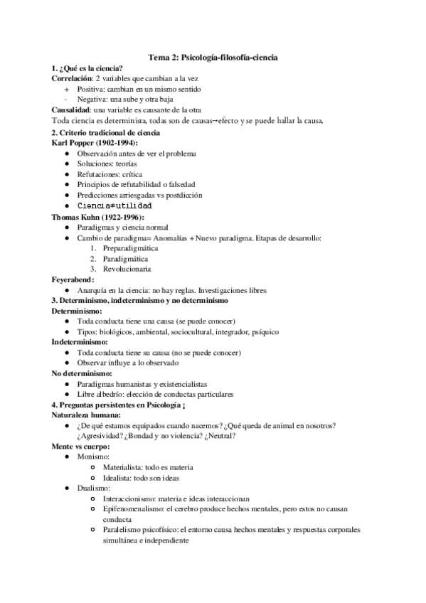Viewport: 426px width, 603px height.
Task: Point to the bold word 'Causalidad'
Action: click(71, 110)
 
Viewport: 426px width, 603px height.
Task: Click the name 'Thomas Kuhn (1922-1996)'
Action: click(98, 216)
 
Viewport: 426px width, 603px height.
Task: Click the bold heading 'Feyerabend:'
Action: click(73, 280)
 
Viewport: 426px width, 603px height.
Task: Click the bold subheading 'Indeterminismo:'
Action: click(78, 342)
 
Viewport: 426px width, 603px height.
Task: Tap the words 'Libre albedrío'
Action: click(102, 394)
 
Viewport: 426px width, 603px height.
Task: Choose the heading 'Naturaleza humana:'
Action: click(86, 415)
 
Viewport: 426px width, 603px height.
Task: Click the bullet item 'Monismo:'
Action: click(93, 457)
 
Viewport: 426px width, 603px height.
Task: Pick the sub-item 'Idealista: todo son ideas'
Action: click(148, 478)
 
